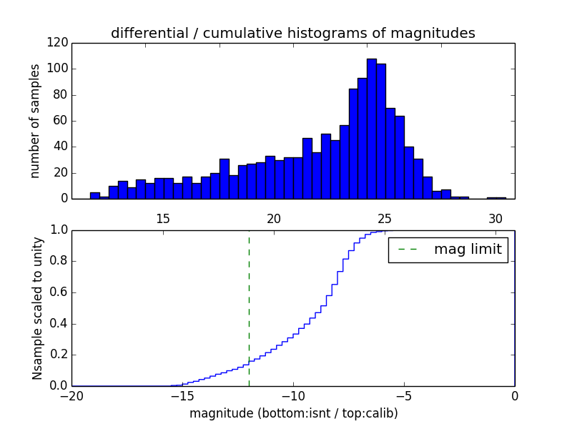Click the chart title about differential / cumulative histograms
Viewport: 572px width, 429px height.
point(292,34)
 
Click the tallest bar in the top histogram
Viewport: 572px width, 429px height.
point(372,129)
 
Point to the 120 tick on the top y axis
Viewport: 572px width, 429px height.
point(59,43)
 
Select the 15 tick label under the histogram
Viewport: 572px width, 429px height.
point(162,218)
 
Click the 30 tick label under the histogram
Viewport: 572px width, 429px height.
point(495,218)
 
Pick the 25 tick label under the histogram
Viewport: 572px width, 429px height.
point(384,218)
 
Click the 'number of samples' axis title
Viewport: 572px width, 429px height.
point(35,121)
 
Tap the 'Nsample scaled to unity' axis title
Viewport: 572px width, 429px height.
point(37,308)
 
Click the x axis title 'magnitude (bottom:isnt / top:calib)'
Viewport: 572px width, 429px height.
point(293,413)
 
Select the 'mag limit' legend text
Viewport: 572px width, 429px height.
point(468,250)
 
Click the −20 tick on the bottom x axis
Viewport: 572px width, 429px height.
point(72,395)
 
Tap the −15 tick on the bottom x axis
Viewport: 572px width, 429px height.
point(182,395)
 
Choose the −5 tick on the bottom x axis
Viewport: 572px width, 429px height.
point(404,395)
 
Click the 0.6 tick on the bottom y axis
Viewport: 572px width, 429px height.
point(59,292)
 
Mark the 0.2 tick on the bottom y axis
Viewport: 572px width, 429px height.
point(59,355)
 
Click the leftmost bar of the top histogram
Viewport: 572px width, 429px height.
point(95,195)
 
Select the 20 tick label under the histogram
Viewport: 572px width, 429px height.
point(273,218)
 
